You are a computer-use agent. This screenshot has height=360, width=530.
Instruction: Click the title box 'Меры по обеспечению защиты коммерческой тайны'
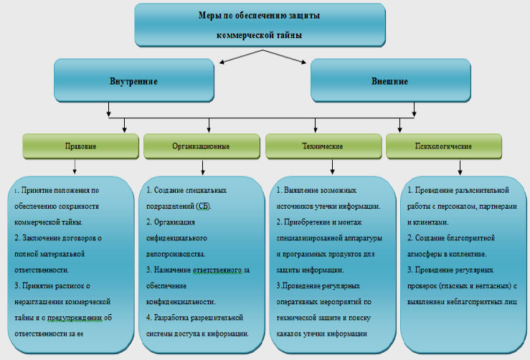click(259, 24)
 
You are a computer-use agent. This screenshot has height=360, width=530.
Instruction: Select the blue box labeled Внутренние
click(134, 80)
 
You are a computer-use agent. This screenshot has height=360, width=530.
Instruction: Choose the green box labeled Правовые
click(80, 146)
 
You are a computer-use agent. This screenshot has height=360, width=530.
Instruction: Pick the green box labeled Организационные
click(201, 146)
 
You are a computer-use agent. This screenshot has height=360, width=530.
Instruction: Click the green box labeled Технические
click(323, 146)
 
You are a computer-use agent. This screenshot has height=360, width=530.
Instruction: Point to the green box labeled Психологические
click(443, 146)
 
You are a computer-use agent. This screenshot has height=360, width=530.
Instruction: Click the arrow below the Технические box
click(333, 166)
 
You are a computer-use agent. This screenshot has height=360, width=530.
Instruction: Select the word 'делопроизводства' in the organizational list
click(176, 254)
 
